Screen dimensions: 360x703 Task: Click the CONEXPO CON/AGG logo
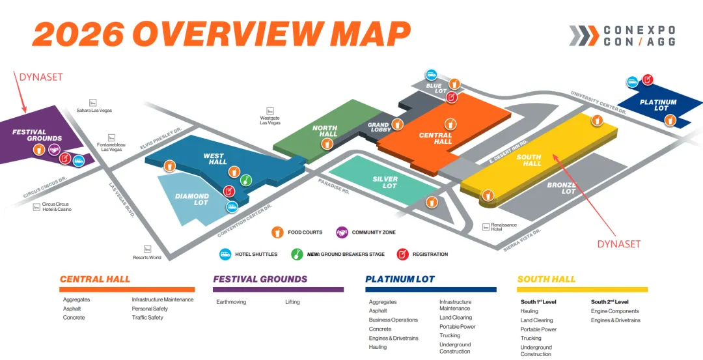[622, 36]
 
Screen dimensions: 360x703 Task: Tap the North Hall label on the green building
[325, 132]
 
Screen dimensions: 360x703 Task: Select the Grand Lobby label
[379, 128]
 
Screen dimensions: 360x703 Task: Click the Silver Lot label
[385, 182]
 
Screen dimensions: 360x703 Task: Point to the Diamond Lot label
[192, 199]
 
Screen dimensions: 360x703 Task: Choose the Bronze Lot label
[560, 188]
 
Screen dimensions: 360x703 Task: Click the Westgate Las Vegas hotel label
[270, 118]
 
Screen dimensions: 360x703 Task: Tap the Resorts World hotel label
[147, 256]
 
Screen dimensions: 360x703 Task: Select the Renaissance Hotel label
[500, 227]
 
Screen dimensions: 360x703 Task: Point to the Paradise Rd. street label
[333, 187]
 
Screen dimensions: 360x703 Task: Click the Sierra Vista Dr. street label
[523, 240]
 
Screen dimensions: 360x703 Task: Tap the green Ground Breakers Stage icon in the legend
[297, 254]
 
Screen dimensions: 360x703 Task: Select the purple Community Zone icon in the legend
[342, 232]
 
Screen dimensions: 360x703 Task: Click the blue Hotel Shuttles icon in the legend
[225, 254]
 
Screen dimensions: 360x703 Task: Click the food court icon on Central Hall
[450, 123]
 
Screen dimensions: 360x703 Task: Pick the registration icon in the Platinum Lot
[648, 79]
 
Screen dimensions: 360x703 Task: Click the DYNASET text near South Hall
[619, 244]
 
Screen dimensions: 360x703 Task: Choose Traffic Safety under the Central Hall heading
[148, 318]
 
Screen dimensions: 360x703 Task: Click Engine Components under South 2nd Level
[615, 311]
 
